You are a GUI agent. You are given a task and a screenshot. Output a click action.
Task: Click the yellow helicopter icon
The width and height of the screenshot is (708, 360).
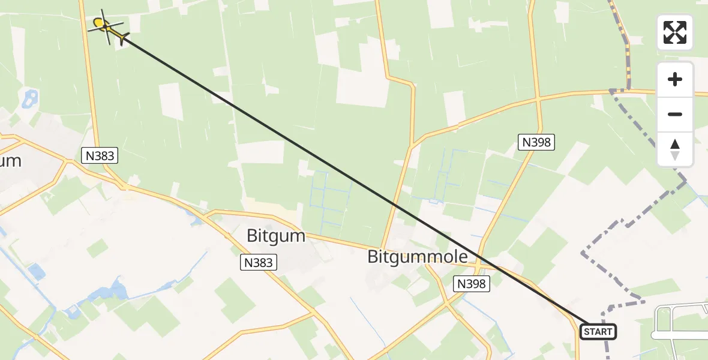(107, 26)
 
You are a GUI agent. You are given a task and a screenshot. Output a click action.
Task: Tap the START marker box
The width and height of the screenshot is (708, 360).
(598, 332)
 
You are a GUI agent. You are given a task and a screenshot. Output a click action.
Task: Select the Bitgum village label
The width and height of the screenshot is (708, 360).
(276, 236)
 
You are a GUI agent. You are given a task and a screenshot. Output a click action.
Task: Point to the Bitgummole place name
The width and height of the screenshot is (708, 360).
(417, 257)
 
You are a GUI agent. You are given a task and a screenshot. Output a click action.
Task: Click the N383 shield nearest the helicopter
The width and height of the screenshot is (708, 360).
(99, 156)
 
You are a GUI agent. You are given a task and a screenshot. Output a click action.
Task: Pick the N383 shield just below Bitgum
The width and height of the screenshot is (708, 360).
(259, 262)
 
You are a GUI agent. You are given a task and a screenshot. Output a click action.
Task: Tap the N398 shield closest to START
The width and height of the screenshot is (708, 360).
(472, 284)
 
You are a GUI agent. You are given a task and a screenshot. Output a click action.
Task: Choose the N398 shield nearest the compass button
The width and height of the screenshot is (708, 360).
(536, 142)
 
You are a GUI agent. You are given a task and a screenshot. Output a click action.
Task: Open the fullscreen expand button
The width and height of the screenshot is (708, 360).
(675, 32)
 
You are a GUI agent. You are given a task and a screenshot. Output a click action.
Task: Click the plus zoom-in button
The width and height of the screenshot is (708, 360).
(675, 79)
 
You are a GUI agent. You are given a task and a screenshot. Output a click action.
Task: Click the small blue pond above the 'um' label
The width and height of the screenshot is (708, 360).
(29, 98)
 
